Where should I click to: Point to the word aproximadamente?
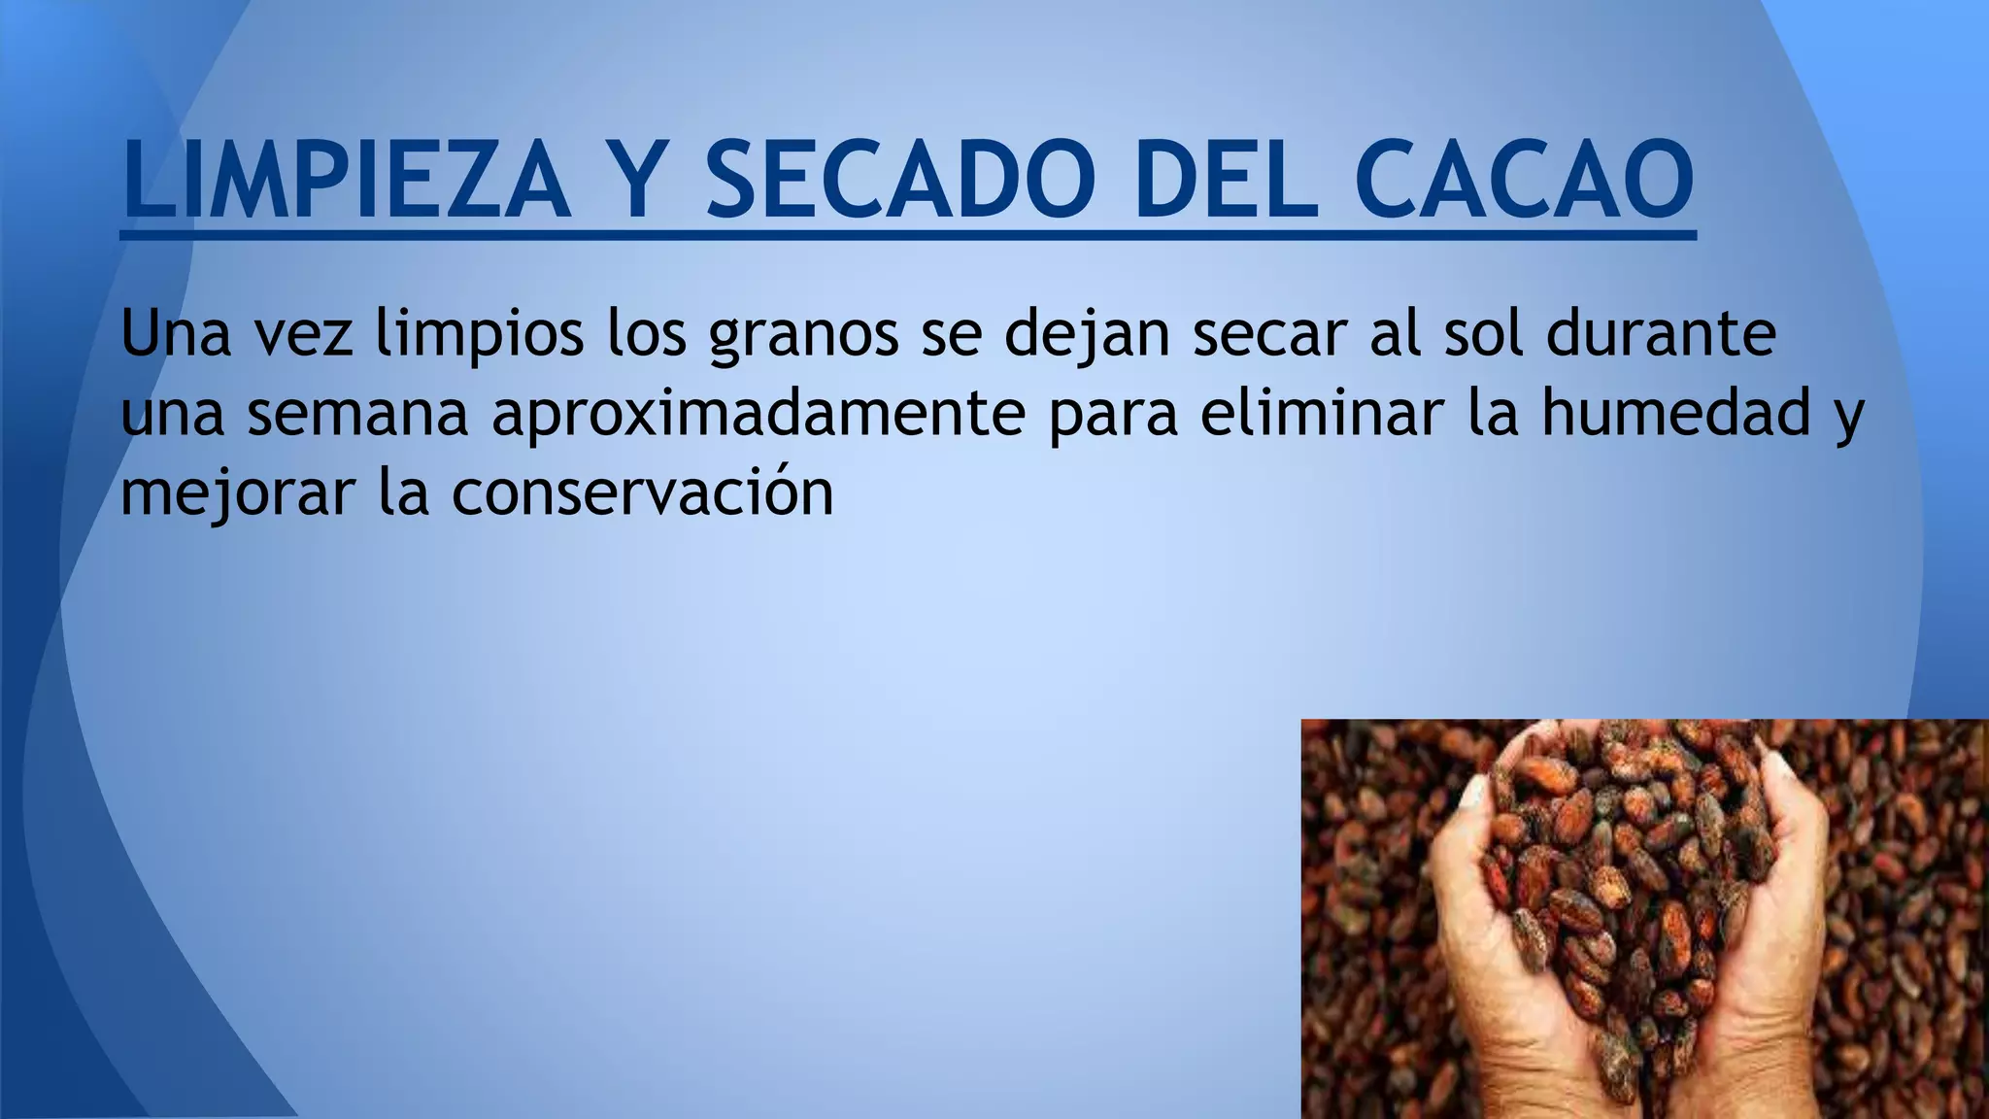pyautogui.click(x=759, y=414)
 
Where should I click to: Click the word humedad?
pyautogui.click(x=1676, y=412)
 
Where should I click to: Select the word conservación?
pyautogui.click(x=642, y=492)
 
